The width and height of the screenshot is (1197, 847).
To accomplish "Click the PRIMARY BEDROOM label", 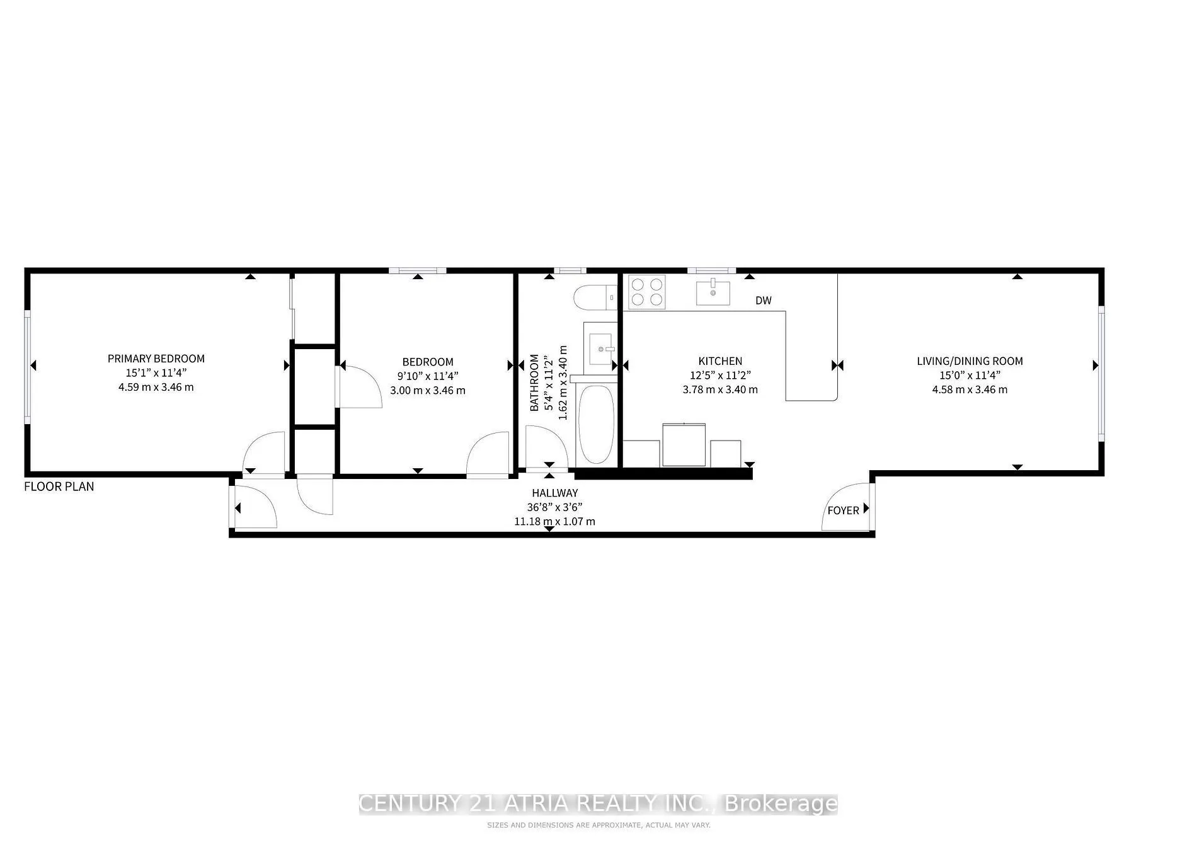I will [156, 359].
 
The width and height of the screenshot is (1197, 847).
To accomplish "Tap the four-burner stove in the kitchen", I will [647, 292].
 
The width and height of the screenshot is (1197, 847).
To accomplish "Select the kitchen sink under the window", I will [713, 292].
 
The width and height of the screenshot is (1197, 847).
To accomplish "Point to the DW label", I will [763, 301].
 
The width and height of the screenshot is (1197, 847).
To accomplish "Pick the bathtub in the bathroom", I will [595, 425].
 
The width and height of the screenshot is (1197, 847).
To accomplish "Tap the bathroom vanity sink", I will [600, 347].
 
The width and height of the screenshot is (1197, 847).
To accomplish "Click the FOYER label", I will [843, 510].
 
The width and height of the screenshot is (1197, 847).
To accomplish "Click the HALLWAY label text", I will [554, 493].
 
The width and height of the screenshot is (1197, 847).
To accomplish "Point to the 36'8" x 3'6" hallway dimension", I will [554, 507].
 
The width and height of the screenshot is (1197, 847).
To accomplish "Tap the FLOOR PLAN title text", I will [59, 487].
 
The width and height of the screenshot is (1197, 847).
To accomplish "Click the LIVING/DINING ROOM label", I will [969, 361].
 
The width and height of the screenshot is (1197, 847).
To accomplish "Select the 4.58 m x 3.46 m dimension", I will [969, 389].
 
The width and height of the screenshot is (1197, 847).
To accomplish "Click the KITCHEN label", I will [720, 361].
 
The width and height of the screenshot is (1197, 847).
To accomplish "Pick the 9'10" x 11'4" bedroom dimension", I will [428, 376].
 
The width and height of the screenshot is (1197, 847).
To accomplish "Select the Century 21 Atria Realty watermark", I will [598, 804].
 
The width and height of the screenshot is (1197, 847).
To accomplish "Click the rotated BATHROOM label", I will [534, 383].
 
